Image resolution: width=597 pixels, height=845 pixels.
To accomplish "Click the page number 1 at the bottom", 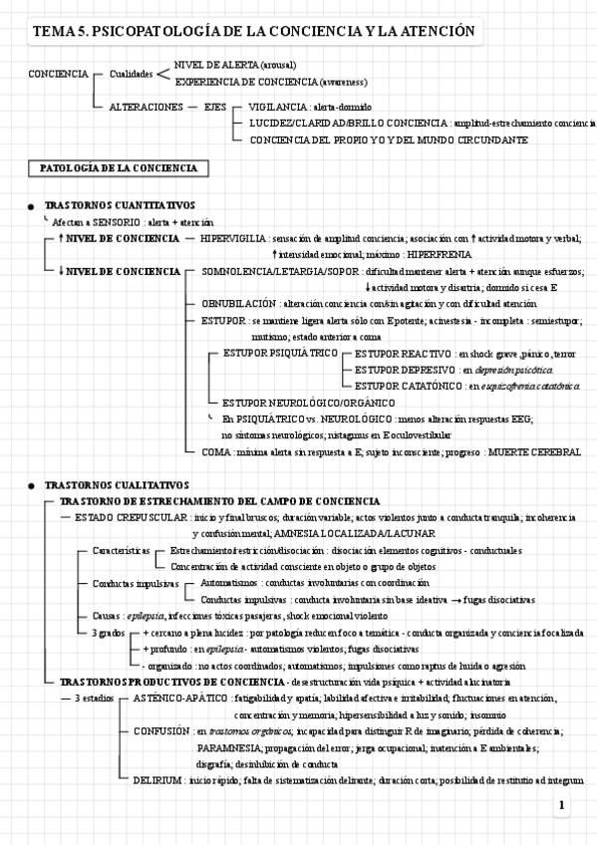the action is coord(563,805).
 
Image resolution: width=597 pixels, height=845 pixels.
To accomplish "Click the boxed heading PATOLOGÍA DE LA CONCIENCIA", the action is coord(117,168).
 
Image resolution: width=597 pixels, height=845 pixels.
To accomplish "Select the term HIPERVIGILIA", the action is coord(233,239).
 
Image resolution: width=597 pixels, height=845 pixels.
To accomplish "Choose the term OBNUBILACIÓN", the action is coord(239,303).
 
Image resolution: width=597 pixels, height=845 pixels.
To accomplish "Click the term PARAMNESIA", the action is coord(229,746).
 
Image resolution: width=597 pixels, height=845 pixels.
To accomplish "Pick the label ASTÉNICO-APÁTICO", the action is coord(179,700).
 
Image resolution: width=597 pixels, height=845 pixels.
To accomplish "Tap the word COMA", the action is coord(215,451).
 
